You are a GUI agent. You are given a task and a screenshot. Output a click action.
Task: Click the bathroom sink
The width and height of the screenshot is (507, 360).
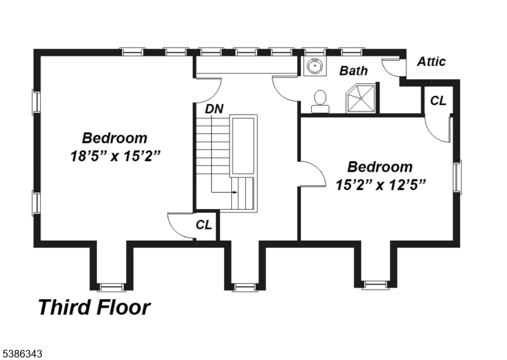click(x=313, y=66)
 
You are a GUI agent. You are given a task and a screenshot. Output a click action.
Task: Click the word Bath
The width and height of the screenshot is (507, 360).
click(x=353, y=70)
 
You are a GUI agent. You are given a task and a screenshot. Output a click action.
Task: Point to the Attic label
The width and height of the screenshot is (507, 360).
click(x=431, y=61)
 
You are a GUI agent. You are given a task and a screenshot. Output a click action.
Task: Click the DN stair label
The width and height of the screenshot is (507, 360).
click(x=214, y=108)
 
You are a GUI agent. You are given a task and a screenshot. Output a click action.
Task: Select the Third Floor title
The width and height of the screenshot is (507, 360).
click(x=94, y=307)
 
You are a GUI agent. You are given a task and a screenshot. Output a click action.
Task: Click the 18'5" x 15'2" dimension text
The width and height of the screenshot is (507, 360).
click(x=115, y=155)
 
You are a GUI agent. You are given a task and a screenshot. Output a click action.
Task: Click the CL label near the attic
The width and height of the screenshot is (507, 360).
click(x=438, y=100)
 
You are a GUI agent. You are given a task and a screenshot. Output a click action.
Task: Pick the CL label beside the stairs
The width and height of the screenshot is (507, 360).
click(x=203, y=224)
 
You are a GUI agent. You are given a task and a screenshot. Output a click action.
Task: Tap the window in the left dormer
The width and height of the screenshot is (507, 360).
click(x=112, y=286)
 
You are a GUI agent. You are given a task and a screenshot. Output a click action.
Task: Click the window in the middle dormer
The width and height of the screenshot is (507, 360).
click(x=244, y=287)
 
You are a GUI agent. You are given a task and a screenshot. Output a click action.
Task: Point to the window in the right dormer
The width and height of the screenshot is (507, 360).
click(x=376, y=285)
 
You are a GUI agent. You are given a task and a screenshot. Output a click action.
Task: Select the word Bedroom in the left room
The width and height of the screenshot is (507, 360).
click(x=115, y=138)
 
